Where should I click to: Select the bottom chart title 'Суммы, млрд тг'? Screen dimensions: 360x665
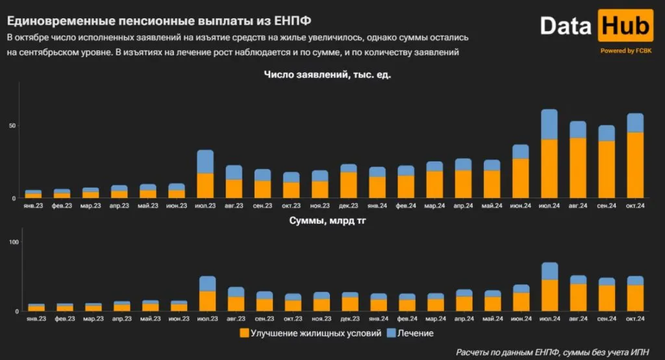[x=331, y=222]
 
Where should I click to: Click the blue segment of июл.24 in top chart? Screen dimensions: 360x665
[x=549, y=124]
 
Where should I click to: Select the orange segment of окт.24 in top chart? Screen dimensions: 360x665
[x=634, y=165]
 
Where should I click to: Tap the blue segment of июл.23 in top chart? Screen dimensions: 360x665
[x=205, y=161]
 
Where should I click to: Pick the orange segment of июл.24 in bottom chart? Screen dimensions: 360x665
[x=549, y=295]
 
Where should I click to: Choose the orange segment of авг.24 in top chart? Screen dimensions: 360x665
[x=578, y=168]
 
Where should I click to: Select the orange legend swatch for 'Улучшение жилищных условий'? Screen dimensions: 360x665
[x=244, y=333]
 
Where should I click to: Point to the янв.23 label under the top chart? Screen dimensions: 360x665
[x=33, y=206]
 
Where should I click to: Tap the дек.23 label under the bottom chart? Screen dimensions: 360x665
[x=349, y=319]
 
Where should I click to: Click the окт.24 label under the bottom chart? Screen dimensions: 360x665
[x=634, y=319]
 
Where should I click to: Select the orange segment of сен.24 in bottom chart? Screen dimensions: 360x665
[x=607, y=298]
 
